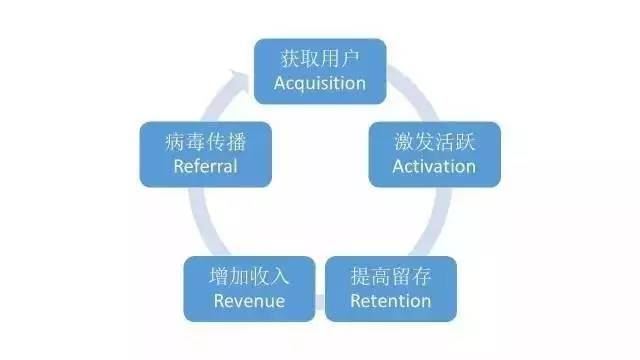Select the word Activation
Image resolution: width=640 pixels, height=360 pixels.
[433, 165]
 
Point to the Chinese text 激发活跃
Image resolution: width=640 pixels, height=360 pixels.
[433, 141]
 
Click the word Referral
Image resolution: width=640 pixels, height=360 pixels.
[205, 165]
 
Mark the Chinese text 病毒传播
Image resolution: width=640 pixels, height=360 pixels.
[205, 141]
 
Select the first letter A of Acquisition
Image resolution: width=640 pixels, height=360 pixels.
[280, 83]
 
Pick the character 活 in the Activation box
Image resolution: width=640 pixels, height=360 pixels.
[445, 141]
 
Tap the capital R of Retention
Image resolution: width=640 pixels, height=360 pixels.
[356, 300]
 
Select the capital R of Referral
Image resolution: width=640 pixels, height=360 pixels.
[178, 165]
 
